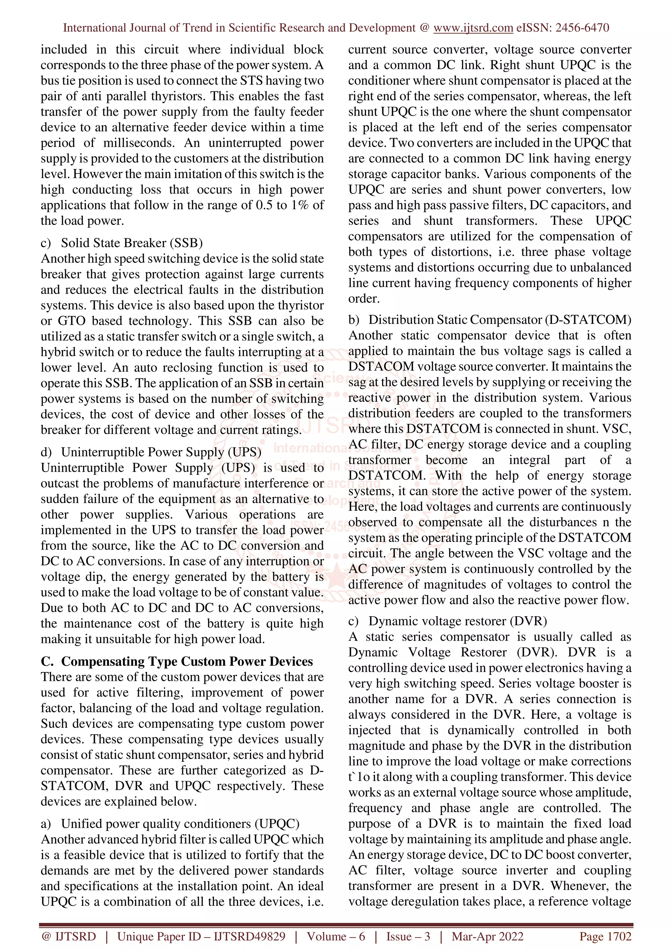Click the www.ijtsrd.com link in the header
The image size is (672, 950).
(x=473, y=28)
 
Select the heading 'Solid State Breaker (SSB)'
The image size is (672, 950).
(x=132, y=243)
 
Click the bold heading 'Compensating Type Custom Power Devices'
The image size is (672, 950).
(x=187, y=661)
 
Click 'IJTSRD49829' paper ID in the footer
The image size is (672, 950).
(x=249, y=936)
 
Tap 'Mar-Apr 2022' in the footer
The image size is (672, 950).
(x=487, y=936)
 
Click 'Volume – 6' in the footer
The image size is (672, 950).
(x=336, y=936)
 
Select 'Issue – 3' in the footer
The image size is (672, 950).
(x=408, y=936)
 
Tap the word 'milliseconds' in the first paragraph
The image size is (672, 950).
(x=139, y=143)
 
